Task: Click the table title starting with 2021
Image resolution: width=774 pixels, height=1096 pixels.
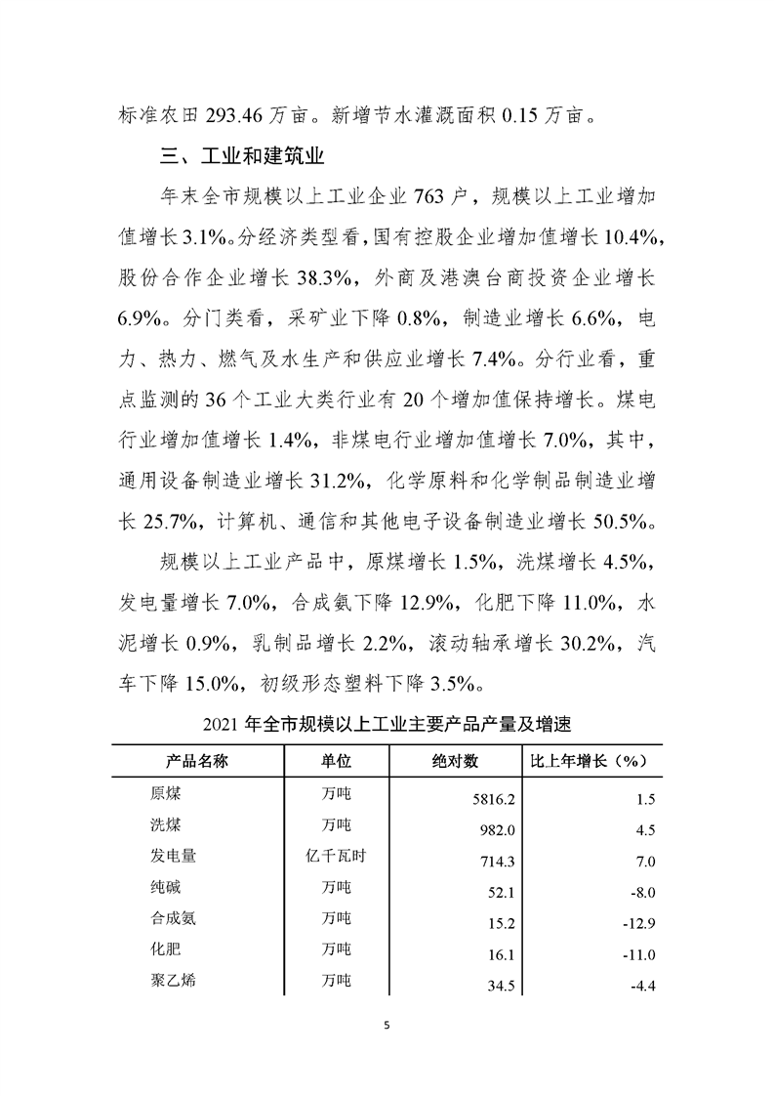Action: click(387, 727)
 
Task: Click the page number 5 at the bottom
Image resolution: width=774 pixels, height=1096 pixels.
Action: click(387, 1026)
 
